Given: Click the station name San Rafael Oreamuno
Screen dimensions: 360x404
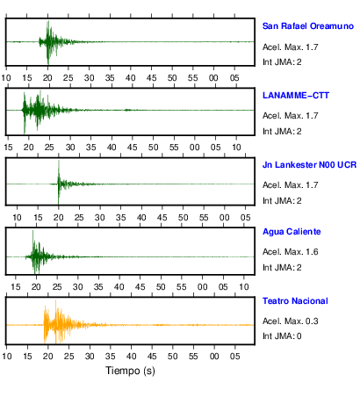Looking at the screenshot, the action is [x=308, y=26].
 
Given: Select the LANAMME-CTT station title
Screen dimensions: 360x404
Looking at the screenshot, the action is [x=296, y=96].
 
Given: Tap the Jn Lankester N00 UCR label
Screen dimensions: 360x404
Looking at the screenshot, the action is [x=309, y=165].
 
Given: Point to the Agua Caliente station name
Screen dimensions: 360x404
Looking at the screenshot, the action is [x=292, y=232].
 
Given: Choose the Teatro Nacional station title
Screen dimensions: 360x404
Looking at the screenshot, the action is [x=295, y=301].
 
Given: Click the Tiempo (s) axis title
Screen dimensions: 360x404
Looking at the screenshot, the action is [x=130, y=371].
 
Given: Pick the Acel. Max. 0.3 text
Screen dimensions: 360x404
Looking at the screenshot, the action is [x=291, y=321].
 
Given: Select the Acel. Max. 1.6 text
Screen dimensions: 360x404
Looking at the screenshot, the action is [x=291, y=252].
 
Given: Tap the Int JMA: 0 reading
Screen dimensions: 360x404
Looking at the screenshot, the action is [x=282, y=336].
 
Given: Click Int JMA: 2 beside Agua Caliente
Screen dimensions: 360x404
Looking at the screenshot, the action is [x=282, y=268].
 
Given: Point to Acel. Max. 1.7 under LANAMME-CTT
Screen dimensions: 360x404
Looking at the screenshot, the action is [x=291, y=116].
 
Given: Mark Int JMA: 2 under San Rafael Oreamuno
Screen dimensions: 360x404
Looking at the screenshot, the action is [x=282, y=62].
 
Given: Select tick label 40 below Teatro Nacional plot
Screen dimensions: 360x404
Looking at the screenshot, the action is [x=131, y=357].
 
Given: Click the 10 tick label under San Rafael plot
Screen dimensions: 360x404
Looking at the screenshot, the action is [x=6, y=78].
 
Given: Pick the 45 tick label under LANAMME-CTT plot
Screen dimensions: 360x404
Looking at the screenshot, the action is [x=133, y=148].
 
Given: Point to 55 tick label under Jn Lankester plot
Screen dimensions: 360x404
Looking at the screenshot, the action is [x=204, y=218].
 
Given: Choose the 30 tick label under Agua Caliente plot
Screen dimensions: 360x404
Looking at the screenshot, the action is [x=77, y=287].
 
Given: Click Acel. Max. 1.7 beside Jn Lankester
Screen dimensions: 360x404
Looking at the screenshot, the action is [x=291, y=185].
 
